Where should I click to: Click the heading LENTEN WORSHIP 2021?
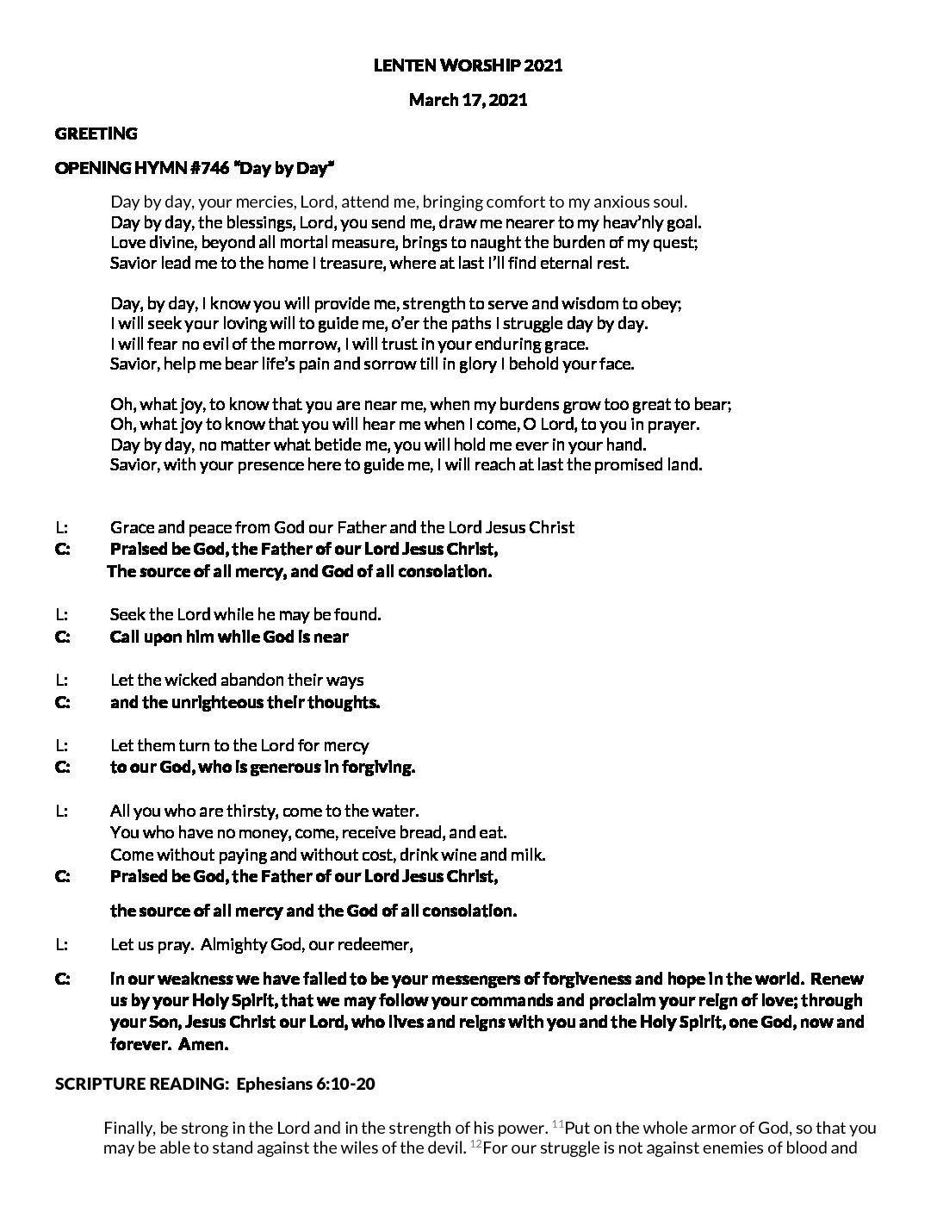click(468, 65)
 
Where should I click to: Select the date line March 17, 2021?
click(468, 100)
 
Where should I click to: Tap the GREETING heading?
click(96, 134)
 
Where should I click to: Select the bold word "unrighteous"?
click(214, 702)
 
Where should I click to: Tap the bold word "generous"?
click(282, 767)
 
